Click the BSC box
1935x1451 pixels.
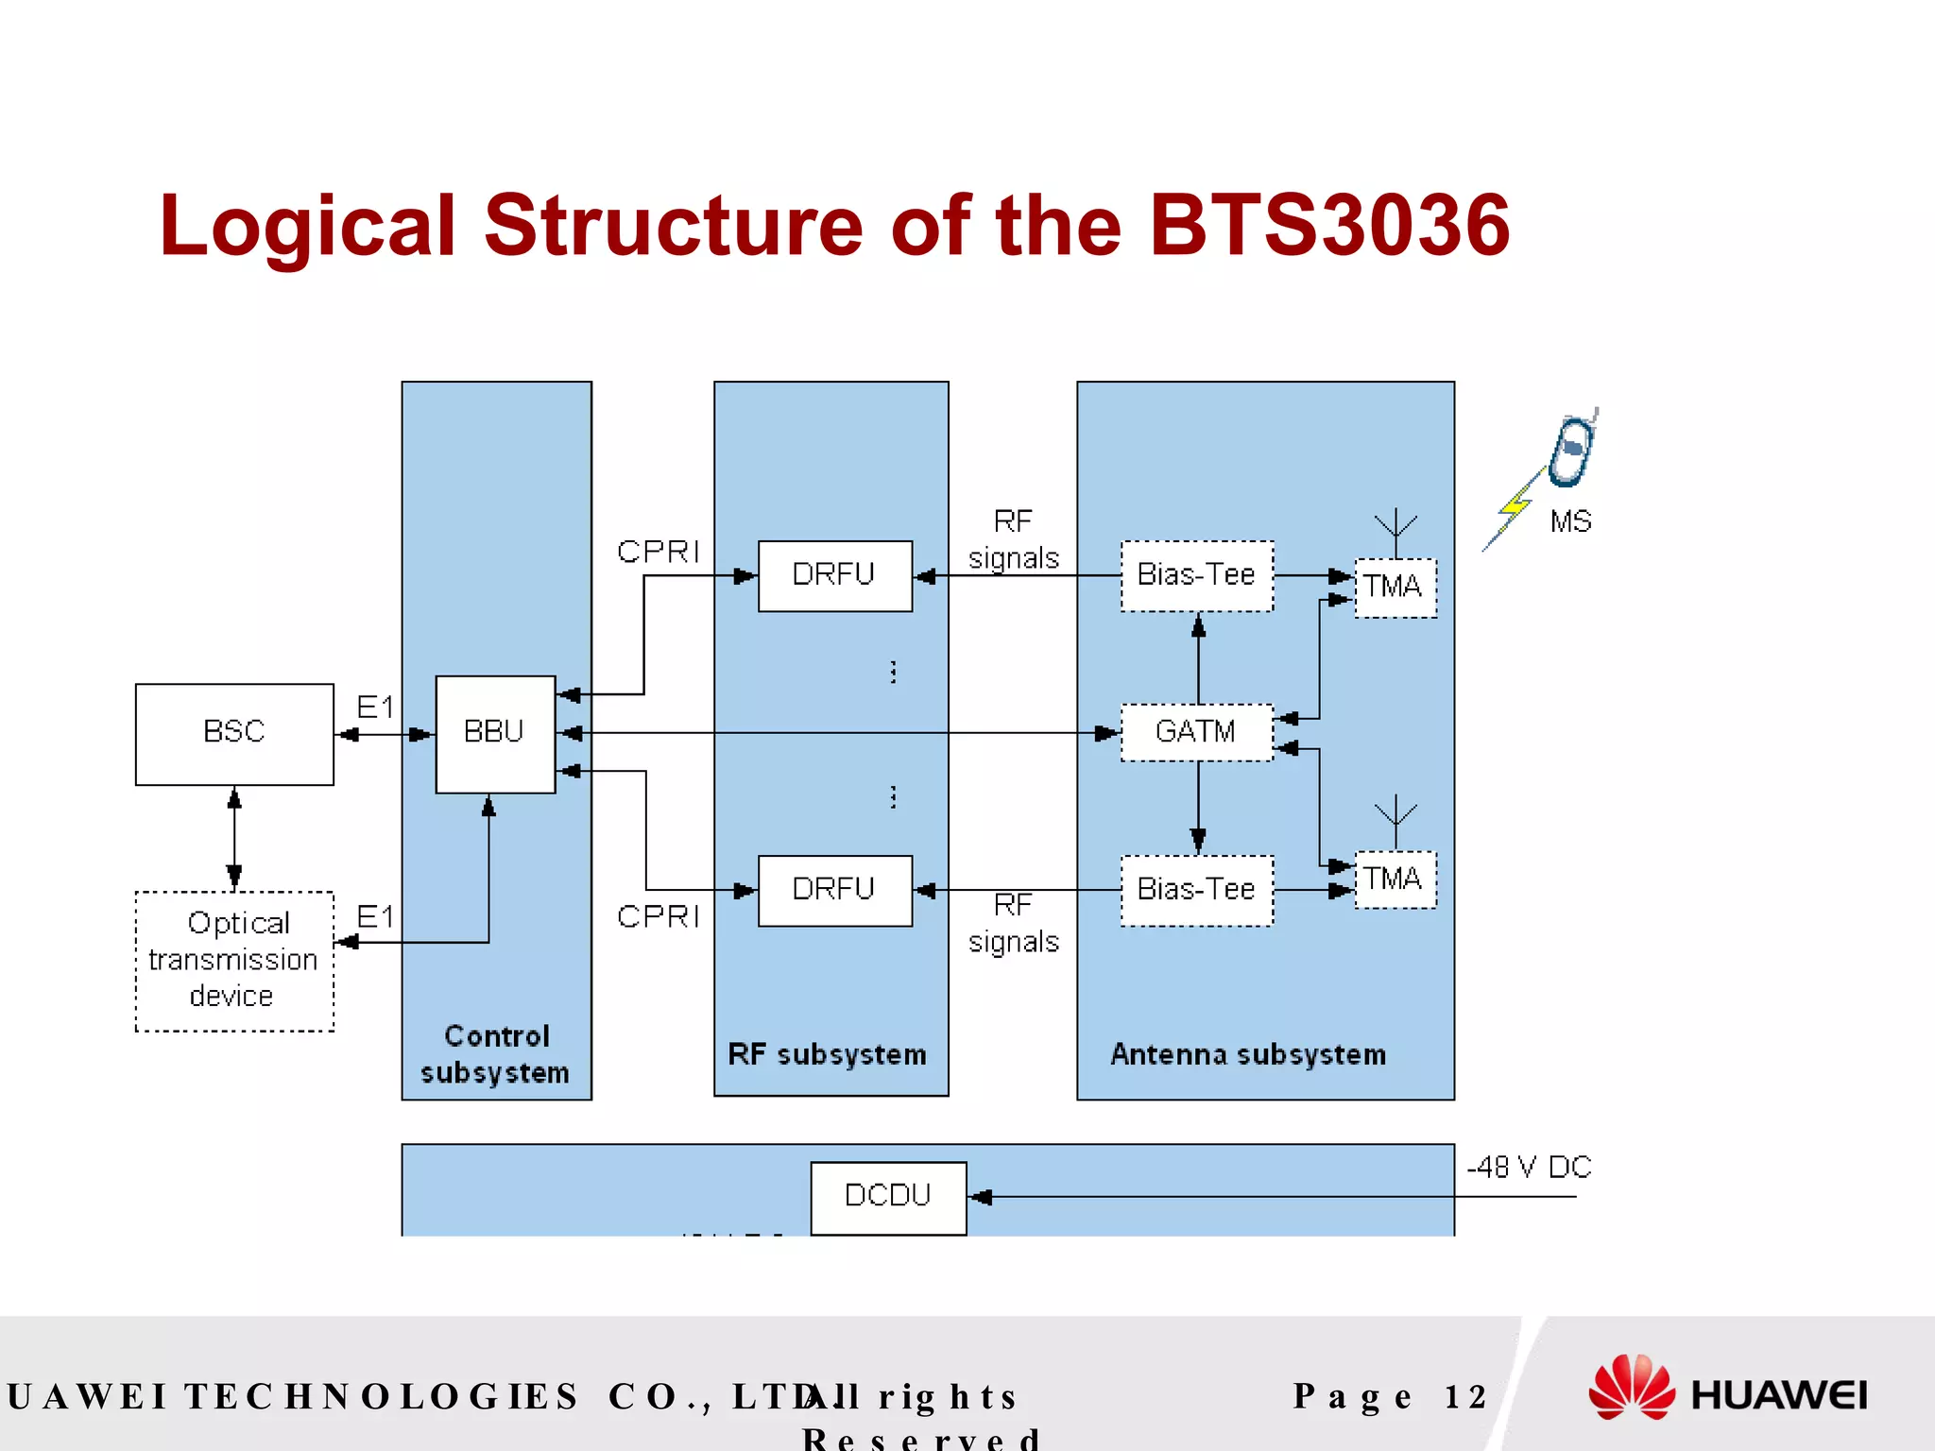234,734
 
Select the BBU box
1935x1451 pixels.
495,734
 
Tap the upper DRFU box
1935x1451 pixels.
835,576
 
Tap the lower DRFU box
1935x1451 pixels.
835,890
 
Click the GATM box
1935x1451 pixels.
1196,732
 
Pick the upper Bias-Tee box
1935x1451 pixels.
1196,576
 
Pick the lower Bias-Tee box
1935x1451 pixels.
1196,890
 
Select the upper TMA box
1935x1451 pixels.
1395,588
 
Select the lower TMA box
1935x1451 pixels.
1395,879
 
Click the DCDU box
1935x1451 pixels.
888,1197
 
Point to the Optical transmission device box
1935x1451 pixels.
234,961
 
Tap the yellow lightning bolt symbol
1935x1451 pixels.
1514,508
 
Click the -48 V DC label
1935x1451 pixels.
1529,1168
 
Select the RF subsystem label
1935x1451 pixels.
827,1054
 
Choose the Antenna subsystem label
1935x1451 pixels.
1248,1054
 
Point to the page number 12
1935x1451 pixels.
1465,1396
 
